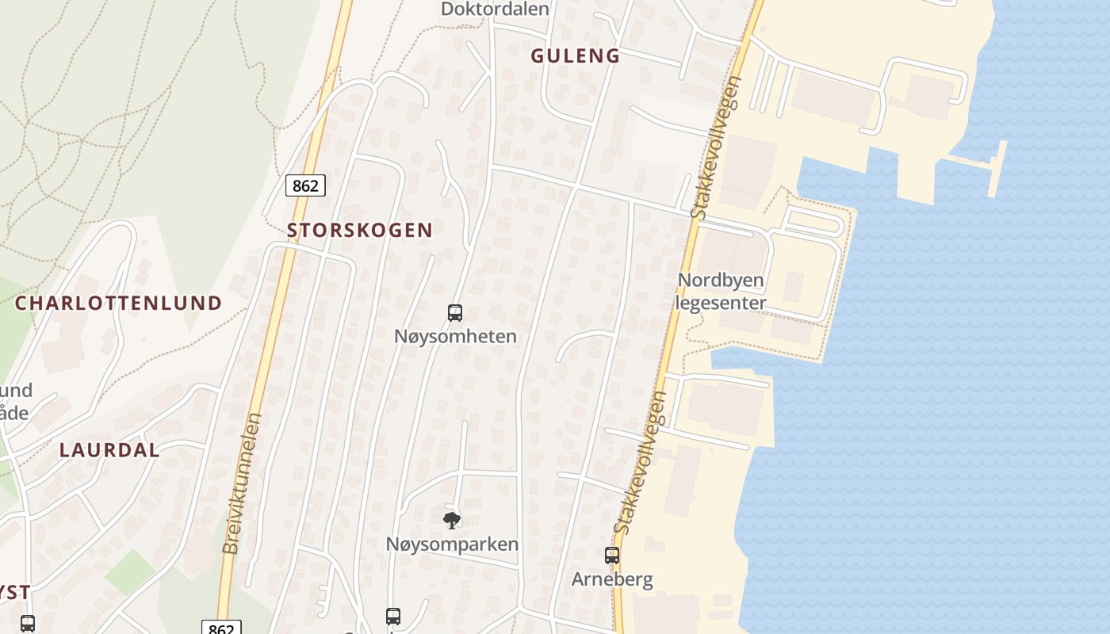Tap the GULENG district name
point(575,55)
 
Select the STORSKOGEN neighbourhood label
point(360,231)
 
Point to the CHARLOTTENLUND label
point(119,303)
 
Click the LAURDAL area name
point(109,450)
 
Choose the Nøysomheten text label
point(455,336)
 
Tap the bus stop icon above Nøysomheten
point(455,313)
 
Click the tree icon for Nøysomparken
point(451,521)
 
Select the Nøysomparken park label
point(452,544)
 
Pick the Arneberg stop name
point(612,579)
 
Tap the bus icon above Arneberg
point(612,556)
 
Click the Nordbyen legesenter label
point(721,292)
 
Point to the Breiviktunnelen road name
point(242,483)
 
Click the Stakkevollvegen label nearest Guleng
point(715,148)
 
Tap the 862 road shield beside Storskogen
point(305,185)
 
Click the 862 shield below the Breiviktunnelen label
point(221,628)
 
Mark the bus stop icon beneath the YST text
point(28,624)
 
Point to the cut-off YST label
point(15,592)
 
